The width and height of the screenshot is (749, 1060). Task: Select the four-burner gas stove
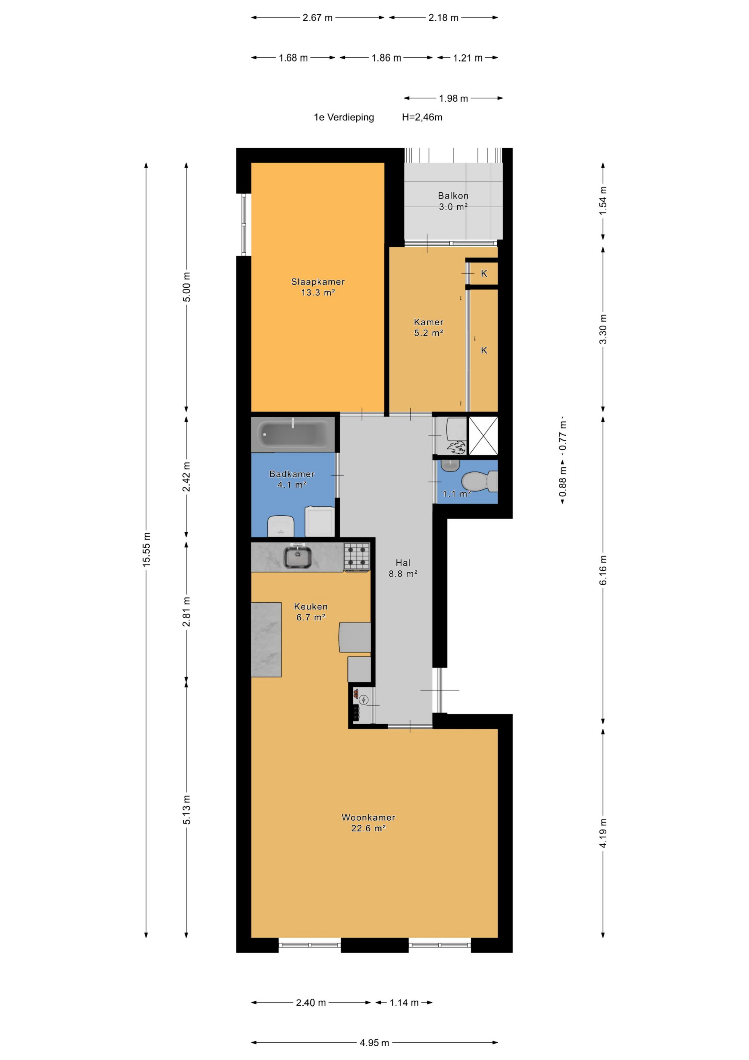click(x=357, y=557)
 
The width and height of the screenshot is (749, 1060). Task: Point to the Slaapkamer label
click(x=318, y=282)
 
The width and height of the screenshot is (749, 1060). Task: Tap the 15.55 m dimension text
click(x=146, y=549)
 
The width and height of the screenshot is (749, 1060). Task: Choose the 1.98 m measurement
click(x=454, y=98)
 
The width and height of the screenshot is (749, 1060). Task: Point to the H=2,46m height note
click(x=422, y=117)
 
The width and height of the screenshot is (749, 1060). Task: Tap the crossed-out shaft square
click(x=483, y=436)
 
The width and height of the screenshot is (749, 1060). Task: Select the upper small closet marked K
click(x=484, y=273)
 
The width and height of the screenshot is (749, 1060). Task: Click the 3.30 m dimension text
click(x=603, y=329)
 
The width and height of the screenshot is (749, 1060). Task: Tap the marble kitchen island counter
click(x=266, y=639)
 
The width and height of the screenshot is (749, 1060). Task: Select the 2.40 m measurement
click(x=311, y=1003)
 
